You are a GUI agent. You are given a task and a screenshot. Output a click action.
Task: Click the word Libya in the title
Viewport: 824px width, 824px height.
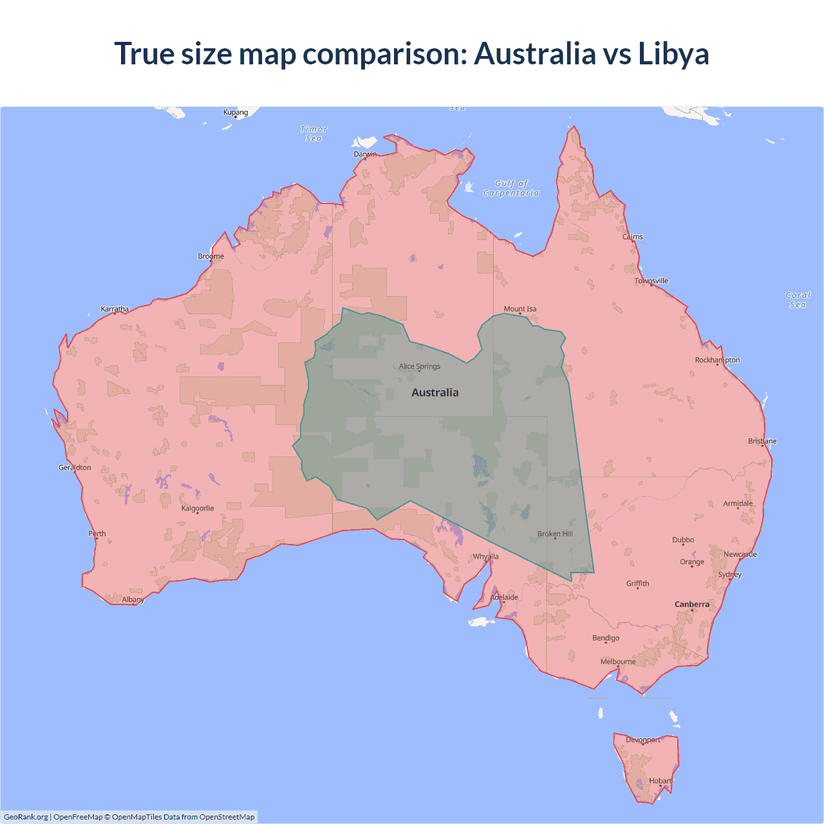tap(673, 54)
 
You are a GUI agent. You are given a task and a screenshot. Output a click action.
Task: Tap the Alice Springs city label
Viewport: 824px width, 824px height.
tap(420, 366)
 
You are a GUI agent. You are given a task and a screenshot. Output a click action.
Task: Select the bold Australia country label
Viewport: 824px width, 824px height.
tap(435, 393)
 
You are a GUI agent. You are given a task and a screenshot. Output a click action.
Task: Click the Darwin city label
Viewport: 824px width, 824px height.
tap(365, 154)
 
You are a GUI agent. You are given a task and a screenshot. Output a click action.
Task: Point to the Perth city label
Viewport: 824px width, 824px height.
tap(97, 533)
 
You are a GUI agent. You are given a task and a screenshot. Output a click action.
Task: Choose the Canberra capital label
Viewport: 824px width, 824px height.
tap(692, 604)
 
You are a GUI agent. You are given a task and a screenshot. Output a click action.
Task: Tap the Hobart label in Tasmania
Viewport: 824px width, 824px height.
tap(660, 781)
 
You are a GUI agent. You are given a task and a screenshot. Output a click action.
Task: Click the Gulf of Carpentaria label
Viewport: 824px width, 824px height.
tap(511, 188)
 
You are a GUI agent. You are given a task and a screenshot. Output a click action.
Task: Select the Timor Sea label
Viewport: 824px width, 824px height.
tap(314, 134)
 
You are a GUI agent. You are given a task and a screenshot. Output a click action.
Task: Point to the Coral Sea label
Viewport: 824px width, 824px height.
tap(798, 300)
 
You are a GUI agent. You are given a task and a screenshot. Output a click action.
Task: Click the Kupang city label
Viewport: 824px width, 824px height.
tap(236, 112)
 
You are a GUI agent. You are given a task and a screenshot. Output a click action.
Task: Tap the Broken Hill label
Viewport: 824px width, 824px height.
tap(555, 534)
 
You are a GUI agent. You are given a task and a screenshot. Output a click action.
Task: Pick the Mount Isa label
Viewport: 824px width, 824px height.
tap(520, 309)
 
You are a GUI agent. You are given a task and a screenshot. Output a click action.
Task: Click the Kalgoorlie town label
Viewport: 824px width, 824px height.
tap(198, 508)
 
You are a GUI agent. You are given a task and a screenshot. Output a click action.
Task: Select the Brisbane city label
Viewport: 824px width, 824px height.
tap(762, 441)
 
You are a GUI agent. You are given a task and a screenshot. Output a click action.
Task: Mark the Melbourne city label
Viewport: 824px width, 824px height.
tap(618, 661)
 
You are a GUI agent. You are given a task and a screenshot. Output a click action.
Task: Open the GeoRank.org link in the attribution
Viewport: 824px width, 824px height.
tap(26, 817)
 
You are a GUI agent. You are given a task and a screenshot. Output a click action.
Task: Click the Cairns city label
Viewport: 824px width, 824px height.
tap(633, 236)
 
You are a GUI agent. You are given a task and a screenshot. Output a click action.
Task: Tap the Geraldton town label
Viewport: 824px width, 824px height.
tap(75, 467)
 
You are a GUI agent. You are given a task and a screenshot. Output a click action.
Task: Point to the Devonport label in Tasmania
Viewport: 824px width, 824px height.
tap(643, 740)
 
